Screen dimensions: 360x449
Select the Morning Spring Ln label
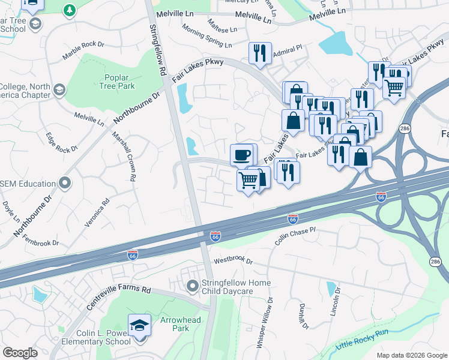click(206, 37)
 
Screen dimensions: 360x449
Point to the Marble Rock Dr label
click(83, 52)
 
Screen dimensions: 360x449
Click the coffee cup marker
click(243, 155)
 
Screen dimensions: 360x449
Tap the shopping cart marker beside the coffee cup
click(248, 179)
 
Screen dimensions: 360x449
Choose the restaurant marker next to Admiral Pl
click(260, 53)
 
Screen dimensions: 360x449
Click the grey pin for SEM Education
click(65, 183)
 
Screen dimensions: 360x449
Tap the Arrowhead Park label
click(180, 325)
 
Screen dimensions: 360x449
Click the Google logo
click(20, 352)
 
